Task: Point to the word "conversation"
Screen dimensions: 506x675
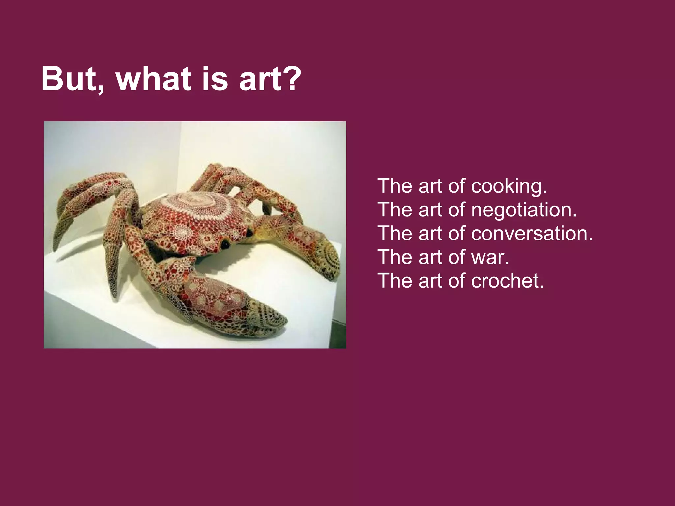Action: tap(529, 234)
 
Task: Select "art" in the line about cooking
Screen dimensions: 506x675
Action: tap(430, 186)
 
